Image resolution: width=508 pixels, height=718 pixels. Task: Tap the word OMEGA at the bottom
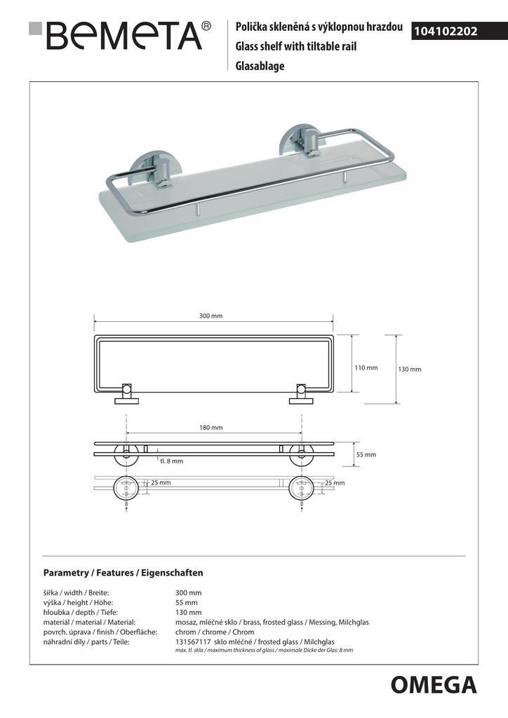coord(433,684)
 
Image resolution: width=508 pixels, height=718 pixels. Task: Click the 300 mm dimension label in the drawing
coord(210,316)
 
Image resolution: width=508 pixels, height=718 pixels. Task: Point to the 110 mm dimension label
coord(366,367)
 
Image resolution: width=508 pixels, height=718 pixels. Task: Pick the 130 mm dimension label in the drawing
coord(410,369)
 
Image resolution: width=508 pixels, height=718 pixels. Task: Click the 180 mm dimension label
coord(210,427)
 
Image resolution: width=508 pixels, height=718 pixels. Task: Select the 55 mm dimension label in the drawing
coord(366,454)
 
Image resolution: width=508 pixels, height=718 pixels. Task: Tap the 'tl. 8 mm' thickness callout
coord(171,461)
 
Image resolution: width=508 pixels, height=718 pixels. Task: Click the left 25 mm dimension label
coord(161,482)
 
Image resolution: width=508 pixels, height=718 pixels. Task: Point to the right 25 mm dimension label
coord(335,482)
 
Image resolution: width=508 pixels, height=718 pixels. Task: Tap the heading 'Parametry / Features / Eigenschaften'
coord(123,572)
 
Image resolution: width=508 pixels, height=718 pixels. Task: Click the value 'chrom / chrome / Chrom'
coord(215,632)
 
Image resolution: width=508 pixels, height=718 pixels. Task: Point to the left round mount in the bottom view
coord(126,486)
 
